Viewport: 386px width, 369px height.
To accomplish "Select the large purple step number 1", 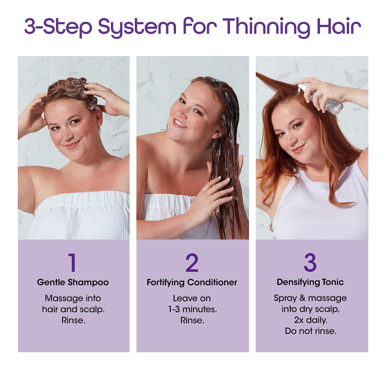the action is point(72,262).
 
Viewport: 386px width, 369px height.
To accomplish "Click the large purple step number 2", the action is point(192,262).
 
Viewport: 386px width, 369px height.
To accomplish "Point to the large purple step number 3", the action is point(310,262).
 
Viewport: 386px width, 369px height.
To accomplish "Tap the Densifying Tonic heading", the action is point(310,282).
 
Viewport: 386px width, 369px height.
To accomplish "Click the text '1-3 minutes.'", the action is point(192,309).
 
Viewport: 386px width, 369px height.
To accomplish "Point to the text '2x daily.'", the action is point(311,320).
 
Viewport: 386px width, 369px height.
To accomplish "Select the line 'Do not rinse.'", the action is point(311,331).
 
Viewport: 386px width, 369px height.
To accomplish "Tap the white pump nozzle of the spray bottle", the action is point(303,87).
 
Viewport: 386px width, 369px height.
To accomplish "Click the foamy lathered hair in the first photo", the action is point(69,92).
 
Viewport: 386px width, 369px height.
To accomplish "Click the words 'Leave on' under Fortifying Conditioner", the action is point(192,298).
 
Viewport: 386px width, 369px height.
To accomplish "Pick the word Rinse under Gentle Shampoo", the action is point(73,320).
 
